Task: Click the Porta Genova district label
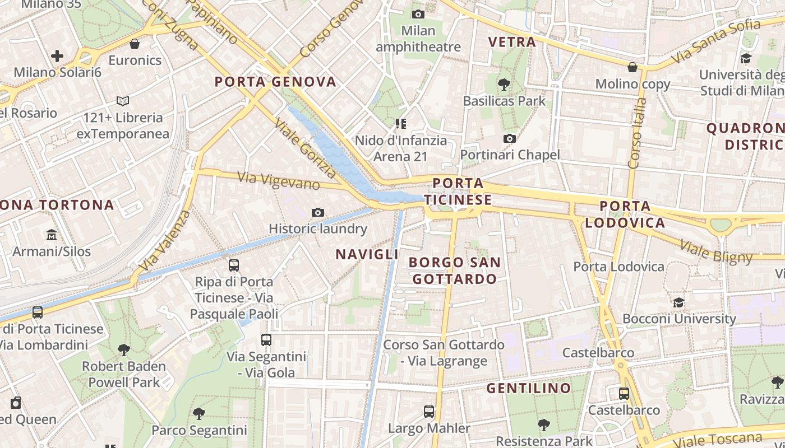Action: [275, 82]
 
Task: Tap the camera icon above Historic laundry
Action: [318, 212]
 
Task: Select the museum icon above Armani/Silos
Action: [52, 235]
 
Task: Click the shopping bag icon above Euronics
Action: [135, 44]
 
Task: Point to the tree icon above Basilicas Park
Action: [504, 85]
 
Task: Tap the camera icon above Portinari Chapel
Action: [510, 138]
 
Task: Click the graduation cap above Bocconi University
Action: [678, 303]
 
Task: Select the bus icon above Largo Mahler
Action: [429, 412]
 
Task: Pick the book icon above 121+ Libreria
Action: [123, 101]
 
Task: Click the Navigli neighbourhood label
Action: [367, 254]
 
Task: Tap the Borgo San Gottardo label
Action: [454, 270]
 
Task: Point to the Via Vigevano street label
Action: [279, 181]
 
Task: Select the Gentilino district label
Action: [528, 388]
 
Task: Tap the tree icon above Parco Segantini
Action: [198, 414]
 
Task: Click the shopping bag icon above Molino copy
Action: [632, 68]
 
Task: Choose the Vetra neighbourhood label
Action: [512, 42]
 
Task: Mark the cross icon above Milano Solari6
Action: [57, 56]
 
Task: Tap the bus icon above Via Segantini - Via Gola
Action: [266, 340]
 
